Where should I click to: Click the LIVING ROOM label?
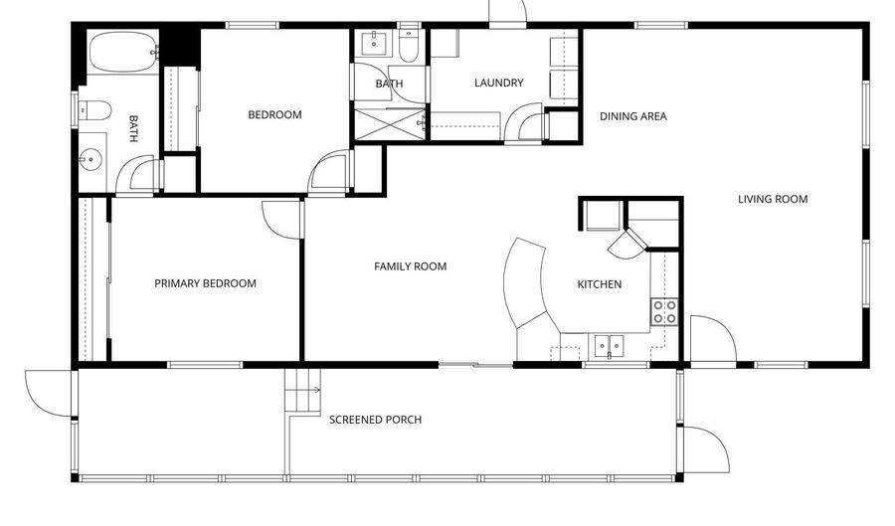pos(773,199)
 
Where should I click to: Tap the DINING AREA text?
pos(633,116)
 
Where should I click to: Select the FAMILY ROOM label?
pos(411,266)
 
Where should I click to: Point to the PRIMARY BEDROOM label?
pos(206,283)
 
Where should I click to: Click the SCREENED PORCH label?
pos(376,420)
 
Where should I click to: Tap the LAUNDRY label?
pos(499,83)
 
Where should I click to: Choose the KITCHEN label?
pos(600,284)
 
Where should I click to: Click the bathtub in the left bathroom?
pos(123,52)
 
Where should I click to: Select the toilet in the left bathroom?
pos(94,110)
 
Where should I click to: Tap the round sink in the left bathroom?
pos(90,160)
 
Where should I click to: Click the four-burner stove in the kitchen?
pos(665,312)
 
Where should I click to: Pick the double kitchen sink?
pos(609,346)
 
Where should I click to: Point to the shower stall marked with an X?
pos(391,124)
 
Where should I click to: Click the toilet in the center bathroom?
pos(409,45)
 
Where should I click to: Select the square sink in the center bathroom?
pos(374,44)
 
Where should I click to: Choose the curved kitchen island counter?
pos(525,283)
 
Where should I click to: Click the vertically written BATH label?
pos(133,128)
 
